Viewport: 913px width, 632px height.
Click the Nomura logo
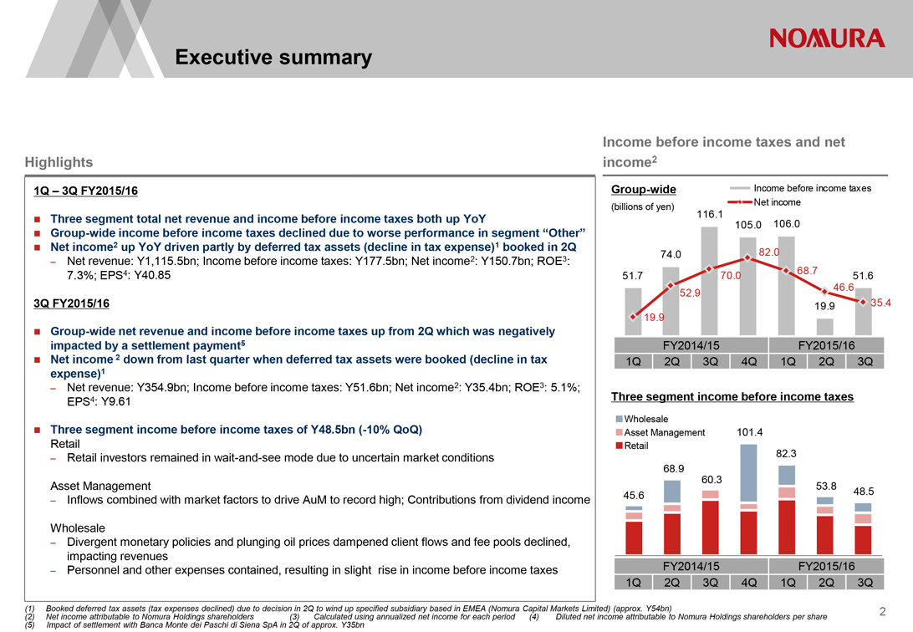[827, 38]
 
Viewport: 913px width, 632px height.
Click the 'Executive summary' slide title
[273, 57]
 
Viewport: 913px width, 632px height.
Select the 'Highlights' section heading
[59, 161]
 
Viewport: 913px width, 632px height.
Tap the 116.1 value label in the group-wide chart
[709, 215]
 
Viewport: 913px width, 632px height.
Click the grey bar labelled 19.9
[824, 327]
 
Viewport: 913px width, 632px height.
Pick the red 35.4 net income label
[882, 303]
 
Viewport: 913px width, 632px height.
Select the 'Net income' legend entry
[777, 202]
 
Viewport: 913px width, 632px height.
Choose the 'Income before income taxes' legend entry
[812, 188]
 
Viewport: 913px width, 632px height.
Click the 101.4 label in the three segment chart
[750, 432]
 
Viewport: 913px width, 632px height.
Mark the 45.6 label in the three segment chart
[634, 496]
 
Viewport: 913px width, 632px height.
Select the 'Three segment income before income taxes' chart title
[732, 396]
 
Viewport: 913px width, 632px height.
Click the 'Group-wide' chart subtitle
[644, 189]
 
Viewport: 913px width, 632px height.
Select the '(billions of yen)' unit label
[643, 206]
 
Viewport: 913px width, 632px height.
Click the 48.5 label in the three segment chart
[864, 492]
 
